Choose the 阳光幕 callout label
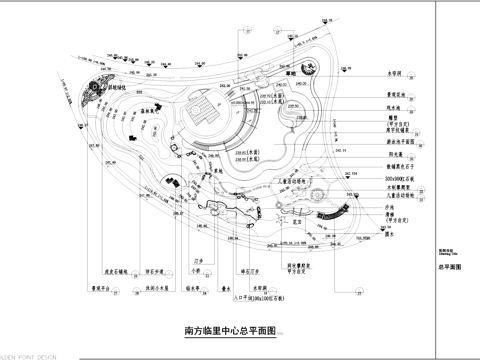(370, 154)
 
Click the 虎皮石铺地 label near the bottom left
(98, 269)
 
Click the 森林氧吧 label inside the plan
(153, 112)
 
